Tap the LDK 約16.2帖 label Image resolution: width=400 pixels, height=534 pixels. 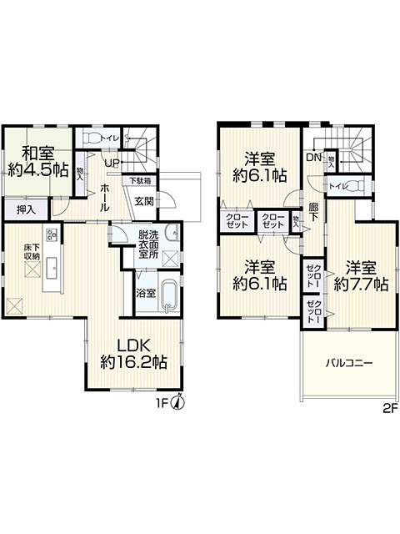point(133,353)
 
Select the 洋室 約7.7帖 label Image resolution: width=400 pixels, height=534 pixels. point(361,275)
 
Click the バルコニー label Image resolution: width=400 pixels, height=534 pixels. point(348,363)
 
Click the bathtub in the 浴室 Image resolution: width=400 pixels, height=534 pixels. point(169,296)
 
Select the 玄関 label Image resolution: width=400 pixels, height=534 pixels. point(144,200)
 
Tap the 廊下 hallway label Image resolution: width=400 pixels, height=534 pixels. point(313,213)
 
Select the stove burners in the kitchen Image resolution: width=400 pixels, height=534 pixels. point(51,234)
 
